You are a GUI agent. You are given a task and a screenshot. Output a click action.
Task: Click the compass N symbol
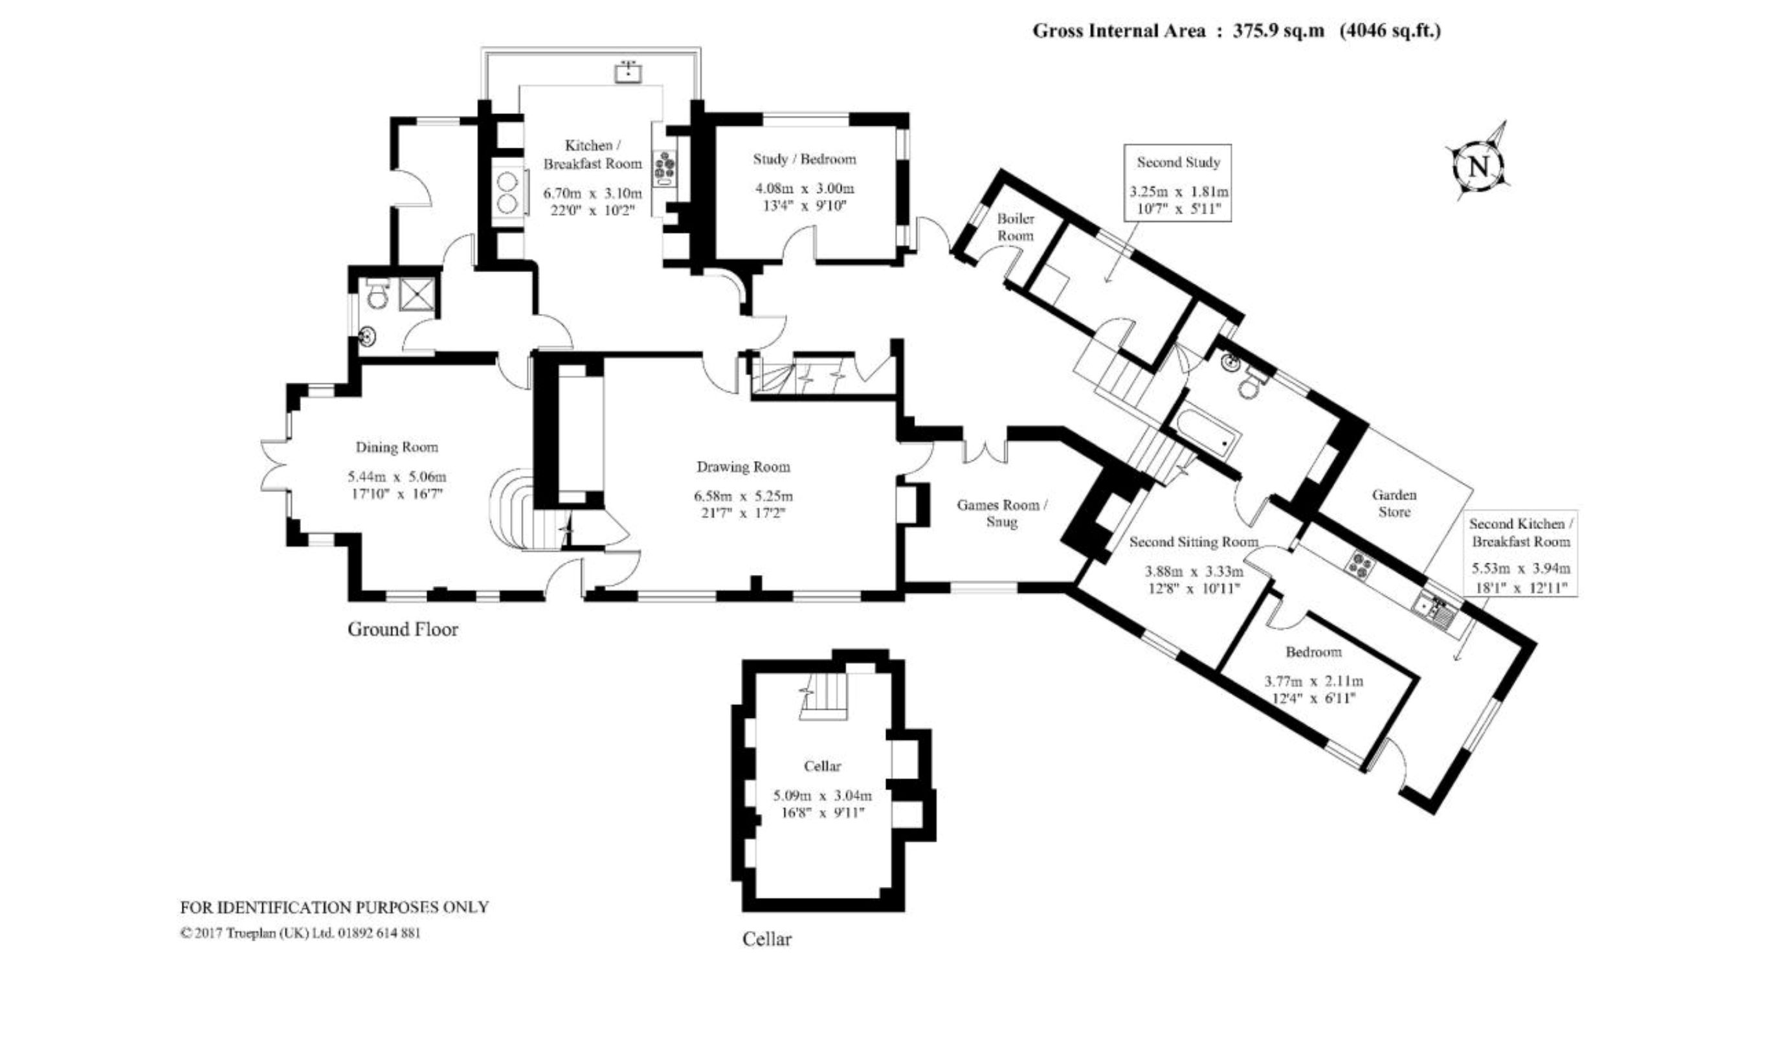1478,165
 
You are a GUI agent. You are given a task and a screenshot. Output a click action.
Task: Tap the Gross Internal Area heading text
1236,31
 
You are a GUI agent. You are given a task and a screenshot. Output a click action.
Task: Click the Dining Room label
396,447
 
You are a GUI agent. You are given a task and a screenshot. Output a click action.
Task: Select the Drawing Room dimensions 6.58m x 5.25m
743,496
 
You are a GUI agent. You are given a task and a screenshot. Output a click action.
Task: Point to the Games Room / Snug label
1001,513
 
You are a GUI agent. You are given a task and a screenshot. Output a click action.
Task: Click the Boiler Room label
1015,227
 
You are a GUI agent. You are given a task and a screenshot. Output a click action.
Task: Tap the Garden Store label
1394,503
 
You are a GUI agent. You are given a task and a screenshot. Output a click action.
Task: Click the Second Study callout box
1178,183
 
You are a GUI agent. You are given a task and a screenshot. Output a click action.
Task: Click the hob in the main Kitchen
665,168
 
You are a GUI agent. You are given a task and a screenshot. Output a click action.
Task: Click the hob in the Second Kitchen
1361,564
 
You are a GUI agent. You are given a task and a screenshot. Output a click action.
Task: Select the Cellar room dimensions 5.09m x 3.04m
823,796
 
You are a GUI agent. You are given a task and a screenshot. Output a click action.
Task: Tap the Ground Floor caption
403,629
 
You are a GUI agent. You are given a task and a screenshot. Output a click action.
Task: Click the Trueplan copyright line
301,932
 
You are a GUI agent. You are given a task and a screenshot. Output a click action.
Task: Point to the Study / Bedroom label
805,159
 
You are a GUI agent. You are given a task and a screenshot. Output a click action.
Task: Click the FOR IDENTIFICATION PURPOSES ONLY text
335,907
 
